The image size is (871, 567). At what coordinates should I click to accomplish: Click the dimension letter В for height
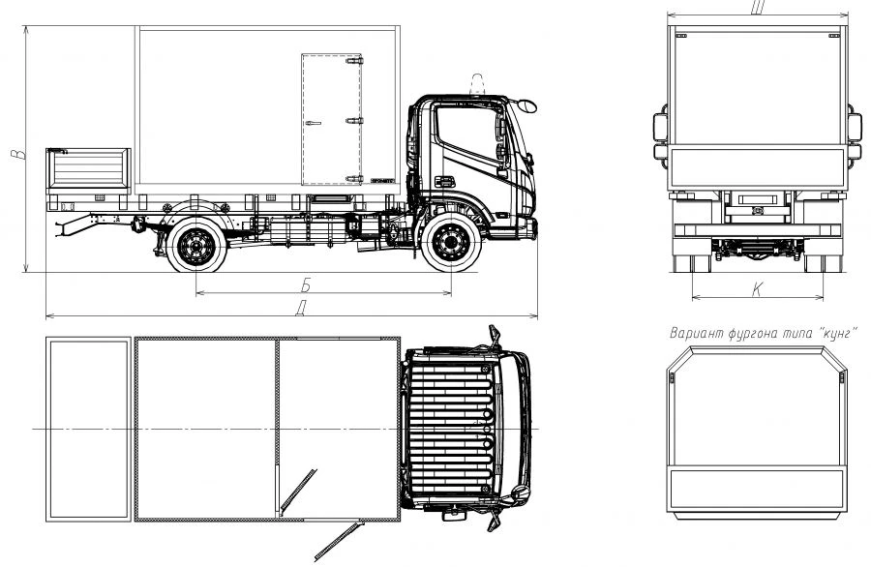pyautogui.click(x=19, y=154)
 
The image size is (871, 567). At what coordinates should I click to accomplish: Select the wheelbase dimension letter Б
pyautogui.click(x=306, y=284)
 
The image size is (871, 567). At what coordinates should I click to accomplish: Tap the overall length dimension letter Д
pyautogui.click(x=301, y=309)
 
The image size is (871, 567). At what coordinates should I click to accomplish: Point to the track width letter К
pyautogui.click(x=757, y=289)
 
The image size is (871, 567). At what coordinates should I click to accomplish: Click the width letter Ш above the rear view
pyautogui.click(x=758, y=7)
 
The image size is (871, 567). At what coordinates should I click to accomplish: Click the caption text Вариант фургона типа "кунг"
pyautogui.click(x=763, y=333)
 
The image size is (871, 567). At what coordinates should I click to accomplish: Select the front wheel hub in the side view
pyautogui.click(x=451, y=243)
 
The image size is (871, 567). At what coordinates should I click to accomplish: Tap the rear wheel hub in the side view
pyautogui.click(x=196, y=245)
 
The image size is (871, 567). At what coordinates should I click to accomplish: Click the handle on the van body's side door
pyautogui.click(x=313, y=123)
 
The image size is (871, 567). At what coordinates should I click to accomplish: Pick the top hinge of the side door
pyautogui.click(x=354, y=61)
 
